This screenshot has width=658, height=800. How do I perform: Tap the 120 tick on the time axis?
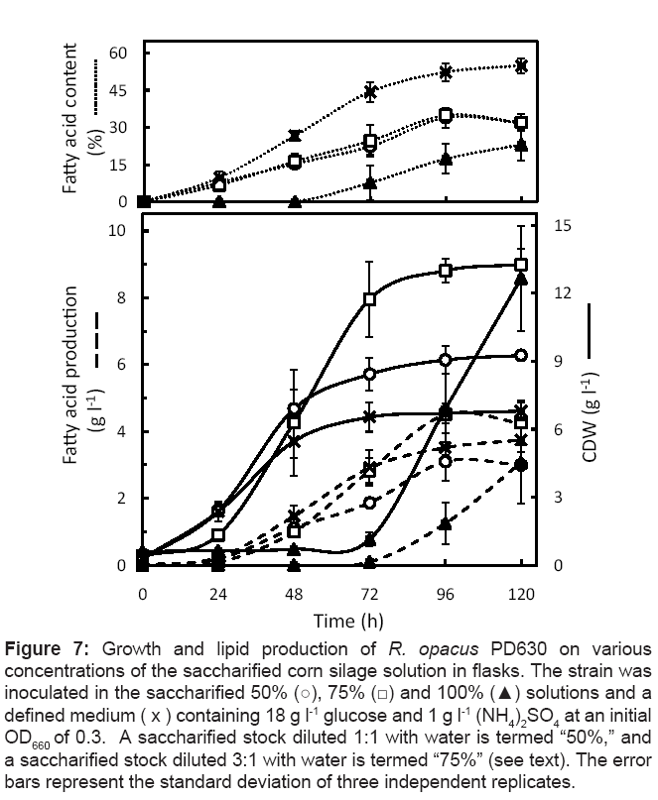pos(521,595)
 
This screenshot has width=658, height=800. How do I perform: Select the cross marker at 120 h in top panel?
pos(521,66)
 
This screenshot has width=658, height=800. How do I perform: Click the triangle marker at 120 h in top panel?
pos(521,146)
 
